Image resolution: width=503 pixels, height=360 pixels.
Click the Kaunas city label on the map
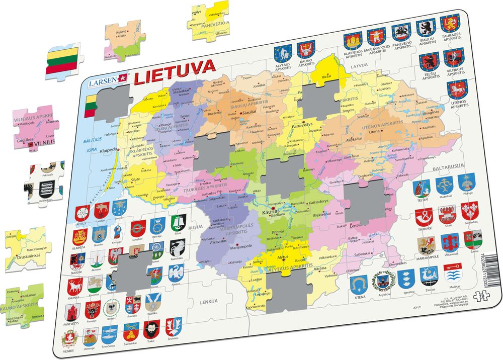[x=271, y=213]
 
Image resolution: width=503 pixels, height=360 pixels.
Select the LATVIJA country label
[x=359, y=65]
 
